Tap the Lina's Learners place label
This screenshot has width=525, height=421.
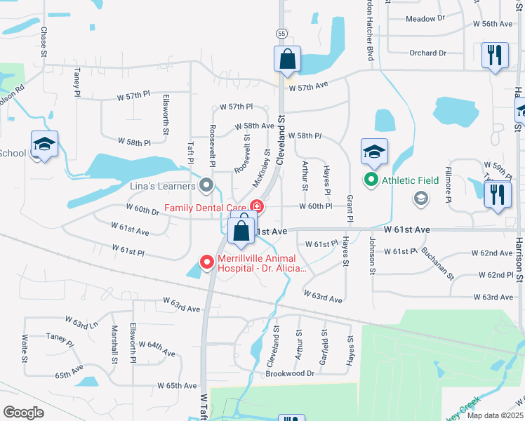pyautogui.click(x=163, y=186)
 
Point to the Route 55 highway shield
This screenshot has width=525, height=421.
pyautogui.click(x=281, y=33)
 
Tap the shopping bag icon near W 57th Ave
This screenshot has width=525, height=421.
pyautogui.click(x=288, y=60)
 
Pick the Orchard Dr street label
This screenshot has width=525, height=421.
pyautogui.click(x=427, y=53)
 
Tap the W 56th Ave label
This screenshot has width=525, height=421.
pyautogui.click(x=492, y=24)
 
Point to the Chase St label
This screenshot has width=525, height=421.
pyautogui.click(x=44, y=42)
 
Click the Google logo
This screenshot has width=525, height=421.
pyautogui.click(x=23, y=412)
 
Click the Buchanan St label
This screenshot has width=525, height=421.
pyautogui.click(x=435, y=263)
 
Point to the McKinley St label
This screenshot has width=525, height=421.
pyautogui.click(x=260, y=168)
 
